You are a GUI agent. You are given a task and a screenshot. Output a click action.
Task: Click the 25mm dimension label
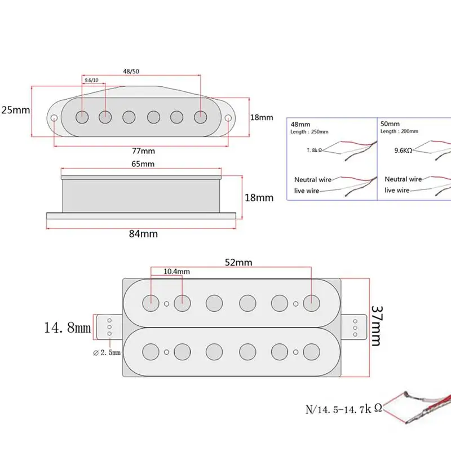pyautogui.click(x=16, y=110)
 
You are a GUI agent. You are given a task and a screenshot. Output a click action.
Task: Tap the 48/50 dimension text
pyautogui.click(x=131, y=72)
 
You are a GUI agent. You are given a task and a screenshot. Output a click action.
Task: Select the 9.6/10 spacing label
pyautogui.click(x=91, y=80)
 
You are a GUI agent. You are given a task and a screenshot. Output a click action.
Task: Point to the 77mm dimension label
pyautogui.click(x=143, y=151)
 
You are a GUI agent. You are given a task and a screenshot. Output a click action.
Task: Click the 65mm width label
pyautogui.click(x=143, y=164)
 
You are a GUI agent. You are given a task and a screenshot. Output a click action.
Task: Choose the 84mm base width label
pyautogui.click(x=143, y=233)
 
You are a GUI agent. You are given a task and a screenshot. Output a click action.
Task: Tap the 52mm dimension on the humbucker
pyautogui.click(x=238, y=262)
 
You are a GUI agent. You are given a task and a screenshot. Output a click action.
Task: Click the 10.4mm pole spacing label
pyautogui.click(x=176, y=272)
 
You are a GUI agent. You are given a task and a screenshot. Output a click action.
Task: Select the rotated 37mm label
pyautogui.click(x=377, y=326)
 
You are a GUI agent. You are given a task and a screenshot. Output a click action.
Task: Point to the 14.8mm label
pyautogui.click(x=67, y=328)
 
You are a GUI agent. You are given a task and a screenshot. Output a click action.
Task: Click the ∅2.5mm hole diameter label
pyautogui.click(x=107, y=352)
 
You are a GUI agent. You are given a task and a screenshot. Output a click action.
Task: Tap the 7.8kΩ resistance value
pyautogui.click(x=314, y=150)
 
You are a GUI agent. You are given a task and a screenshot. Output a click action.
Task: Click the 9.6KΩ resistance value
pyautogui.click(x=403, y=150)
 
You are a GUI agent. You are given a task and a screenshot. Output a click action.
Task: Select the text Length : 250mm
pyautogui.click(x=309, y=132)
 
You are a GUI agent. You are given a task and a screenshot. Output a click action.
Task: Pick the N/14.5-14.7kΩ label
pyautogui.click(x=344, y=409)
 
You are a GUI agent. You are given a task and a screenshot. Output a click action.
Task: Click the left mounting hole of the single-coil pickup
pyautogui.click(x=54, y=118)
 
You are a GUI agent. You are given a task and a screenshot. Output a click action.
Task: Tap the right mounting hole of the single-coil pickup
pyautogui.click(x=228, y=118)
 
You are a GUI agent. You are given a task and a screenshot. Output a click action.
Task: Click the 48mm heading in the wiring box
pyautogui.click(x=300, y=124)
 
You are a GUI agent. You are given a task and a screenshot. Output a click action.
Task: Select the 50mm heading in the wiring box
pyautogui.click(x=390, y=123)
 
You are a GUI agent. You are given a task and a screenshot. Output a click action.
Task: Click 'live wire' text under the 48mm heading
pyautogui.click(x=307, y=191)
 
